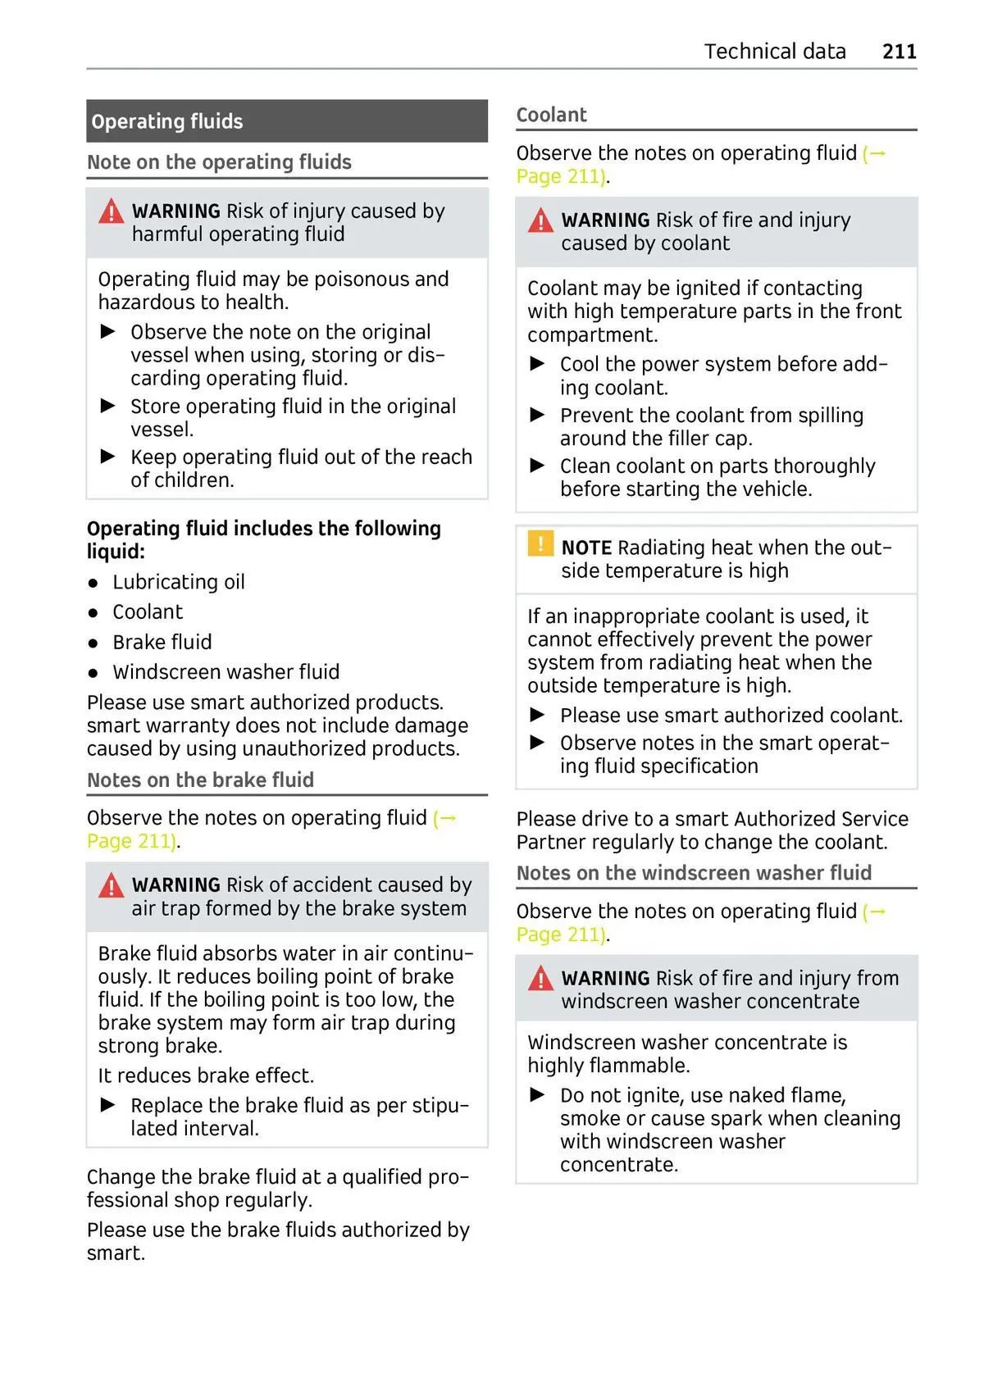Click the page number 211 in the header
899,52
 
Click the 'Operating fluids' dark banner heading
167,122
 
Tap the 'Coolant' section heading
551,115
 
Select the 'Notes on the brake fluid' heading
200,780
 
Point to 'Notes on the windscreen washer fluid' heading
694,873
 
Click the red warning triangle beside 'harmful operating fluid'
111,212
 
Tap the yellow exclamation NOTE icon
540,543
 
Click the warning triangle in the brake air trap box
111,886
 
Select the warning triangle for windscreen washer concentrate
540,979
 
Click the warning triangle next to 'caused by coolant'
540,221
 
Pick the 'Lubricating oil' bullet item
179,582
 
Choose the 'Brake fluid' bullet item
162,642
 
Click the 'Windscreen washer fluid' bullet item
225,672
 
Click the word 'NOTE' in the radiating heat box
586,548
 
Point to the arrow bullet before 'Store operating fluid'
107,406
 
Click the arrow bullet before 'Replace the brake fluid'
107,1105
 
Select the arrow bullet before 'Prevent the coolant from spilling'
537,415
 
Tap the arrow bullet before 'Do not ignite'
537,1095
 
